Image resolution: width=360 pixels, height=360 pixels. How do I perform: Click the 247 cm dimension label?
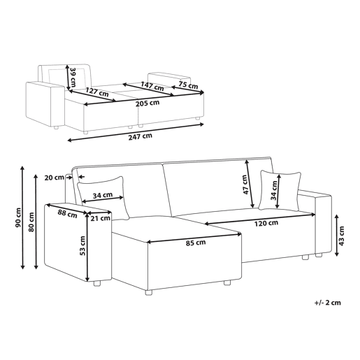[141, 136]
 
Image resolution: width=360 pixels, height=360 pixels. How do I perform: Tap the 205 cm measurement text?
[147, 103]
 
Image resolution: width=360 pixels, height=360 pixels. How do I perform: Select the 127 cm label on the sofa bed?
[97, 92]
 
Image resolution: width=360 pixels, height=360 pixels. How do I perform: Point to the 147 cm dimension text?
[152, 86]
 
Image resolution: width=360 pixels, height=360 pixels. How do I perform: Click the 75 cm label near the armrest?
[188, 85]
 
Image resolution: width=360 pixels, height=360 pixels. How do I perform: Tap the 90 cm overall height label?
[18, 217]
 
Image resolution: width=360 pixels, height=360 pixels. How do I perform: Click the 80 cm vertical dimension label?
[31, 222]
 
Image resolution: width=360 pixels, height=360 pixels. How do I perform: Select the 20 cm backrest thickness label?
[55, 178]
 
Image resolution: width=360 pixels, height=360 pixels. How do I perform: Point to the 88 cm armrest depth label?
[68, 214]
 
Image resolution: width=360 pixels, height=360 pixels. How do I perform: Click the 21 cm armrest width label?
[100, 218]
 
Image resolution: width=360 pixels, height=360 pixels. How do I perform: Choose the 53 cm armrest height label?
[82, 245]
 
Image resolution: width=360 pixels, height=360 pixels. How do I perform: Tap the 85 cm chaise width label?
[196, 243]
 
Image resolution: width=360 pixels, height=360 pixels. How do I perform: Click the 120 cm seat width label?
[266, 223]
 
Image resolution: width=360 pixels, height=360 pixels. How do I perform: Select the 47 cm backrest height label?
[245, 185]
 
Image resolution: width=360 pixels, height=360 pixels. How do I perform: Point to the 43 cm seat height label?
[341, 236]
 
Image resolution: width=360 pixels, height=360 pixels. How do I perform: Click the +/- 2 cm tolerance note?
[328, 303]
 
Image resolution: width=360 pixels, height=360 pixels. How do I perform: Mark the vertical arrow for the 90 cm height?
[22, 217]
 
